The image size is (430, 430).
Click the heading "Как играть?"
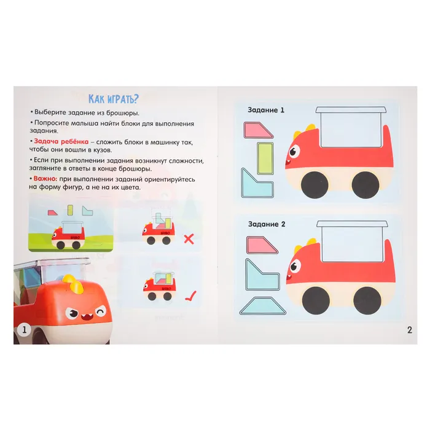[x=114, y=99]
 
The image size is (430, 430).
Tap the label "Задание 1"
[x=266, y=110]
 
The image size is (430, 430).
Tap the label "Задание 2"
[x=267, y=224]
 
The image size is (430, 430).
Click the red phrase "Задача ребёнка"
[x=61, y=141]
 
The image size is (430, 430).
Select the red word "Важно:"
[x=45, y=179]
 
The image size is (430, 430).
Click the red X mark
[x=189, y=239]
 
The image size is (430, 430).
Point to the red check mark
[x=190, y=296]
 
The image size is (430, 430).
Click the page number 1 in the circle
[x=24, y=329]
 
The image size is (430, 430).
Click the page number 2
[x=410, y=330]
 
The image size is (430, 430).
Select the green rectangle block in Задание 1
[x=265, y=158]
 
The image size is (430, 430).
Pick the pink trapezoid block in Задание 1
[x=257, y=130]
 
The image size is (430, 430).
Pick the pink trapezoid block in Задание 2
[x=261, y=244]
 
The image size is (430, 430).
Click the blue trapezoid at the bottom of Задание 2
[x=263, y=306]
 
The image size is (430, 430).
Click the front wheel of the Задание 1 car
[x=315, y=185]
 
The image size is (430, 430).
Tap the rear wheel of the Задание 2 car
[x=367, y=300]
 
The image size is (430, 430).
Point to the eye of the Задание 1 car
[x=294, y=151]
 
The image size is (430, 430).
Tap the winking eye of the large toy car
[x=101, y=312]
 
